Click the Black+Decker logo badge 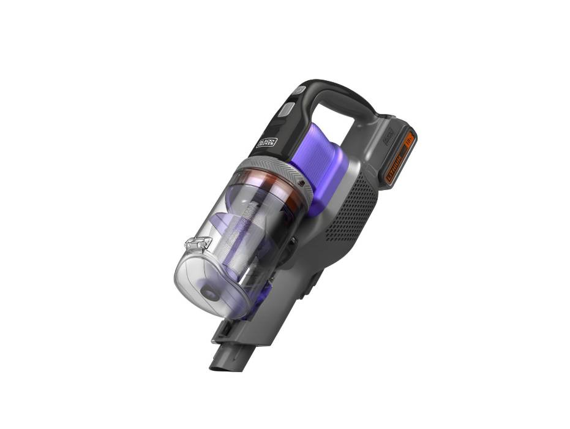(266, 142)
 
